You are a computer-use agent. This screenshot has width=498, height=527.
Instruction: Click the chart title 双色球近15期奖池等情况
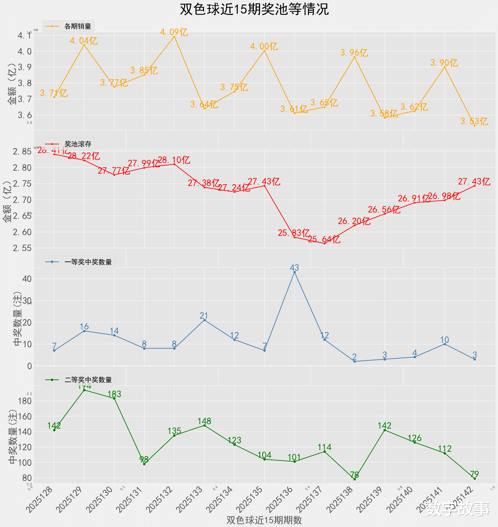[x=254, y=9]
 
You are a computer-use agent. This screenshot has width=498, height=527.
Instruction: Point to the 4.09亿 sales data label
[x=174, y=32]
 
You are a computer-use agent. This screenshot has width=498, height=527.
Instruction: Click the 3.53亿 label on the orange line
[x=474, y=121]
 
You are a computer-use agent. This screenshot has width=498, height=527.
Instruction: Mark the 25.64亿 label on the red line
[x=324, y=239]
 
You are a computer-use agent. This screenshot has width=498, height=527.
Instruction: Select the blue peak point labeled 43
[x=295, y=272]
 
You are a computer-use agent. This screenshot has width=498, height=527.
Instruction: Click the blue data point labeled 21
[x=204, y=320]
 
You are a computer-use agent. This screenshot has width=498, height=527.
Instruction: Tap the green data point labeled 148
[x=204, y=425]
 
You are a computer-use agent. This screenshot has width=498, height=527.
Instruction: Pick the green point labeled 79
[x=475, y=478]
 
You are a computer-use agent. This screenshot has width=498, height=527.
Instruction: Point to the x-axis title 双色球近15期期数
[x=264, y=520]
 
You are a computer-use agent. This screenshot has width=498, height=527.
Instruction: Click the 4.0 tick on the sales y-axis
[x=24, y=51]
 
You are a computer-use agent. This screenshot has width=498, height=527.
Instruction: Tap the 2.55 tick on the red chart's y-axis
[x=22, y=248]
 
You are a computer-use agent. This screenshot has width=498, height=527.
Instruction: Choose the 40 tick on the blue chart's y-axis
[x=27, y=279]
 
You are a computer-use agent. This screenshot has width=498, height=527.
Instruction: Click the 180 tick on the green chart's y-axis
[x=24, y=401]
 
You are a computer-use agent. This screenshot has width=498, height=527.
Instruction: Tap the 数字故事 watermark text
[x=457, y=509]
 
